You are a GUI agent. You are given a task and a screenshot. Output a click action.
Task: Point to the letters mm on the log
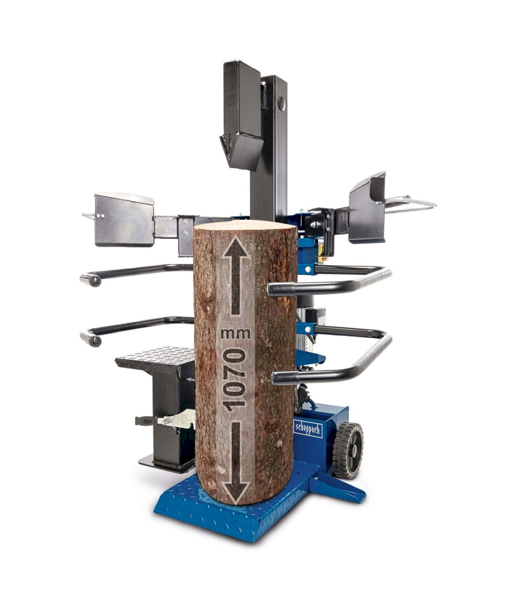235,334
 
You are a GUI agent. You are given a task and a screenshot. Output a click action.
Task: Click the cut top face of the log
245,225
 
